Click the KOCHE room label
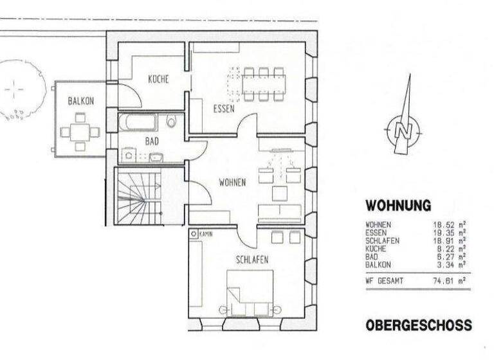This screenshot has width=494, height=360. click(x=158, y=80)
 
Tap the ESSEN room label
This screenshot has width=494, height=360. click(x=224, y=109)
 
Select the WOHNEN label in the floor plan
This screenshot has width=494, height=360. click(x=232, y=183)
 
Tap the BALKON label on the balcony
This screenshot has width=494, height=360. click(x=81, y=101)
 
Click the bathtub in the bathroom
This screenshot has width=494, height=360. click(x=142, y=122)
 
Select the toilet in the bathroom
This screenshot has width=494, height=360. click(x=171, y=122)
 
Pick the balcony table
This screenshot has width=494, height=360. click(x=80, y=132)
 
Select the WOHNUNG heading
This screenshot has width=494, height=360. click(x=398, y=206)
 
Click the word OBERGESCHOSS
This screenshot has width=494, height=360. click(x=418, y=326)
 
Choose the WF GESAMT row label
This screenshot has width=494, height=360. click(x=385, y=281)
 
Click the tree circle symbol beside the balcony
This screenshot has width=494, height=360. click(x=19, y=88)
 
